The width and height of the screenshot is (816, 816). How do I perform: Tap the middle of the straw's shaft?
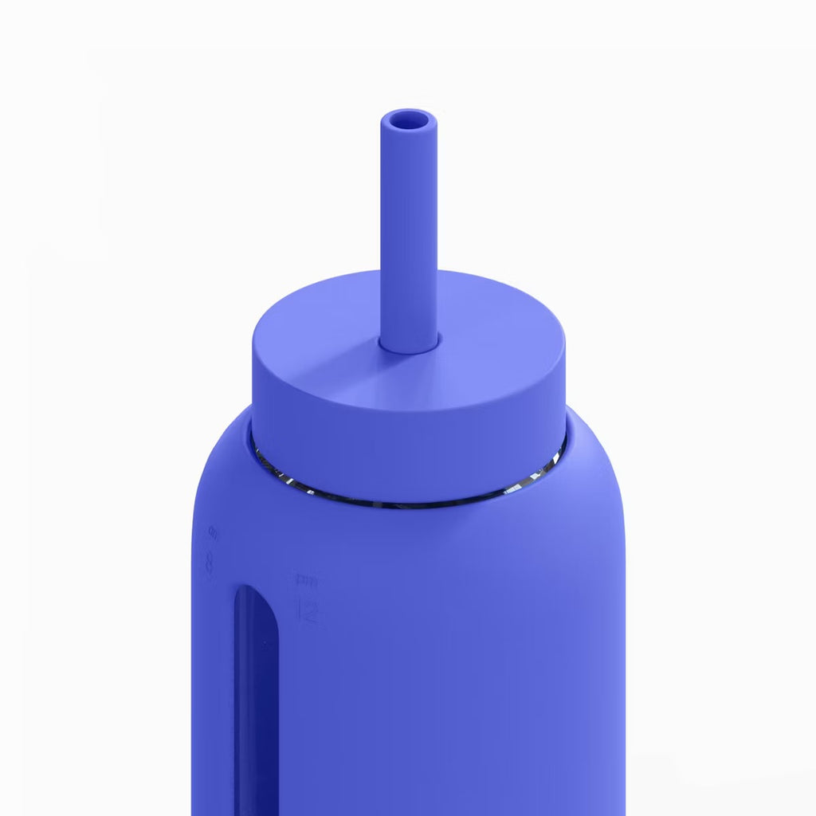(x=409, y=231)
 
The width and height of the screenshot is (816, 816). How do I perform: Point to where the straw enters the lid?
(x=409, y=344)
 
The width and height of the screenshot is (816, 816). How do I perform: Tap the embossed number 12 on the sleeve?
(x=308, y=611)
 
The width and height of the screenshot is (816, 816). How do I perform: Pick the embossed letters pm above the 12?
(x=304, y=579)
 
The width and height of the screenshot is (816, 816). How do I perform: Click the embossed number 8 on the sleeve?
(x=210, y=564)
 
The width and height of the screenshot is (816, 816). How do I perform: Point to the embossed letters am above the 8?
(x=213, y=530)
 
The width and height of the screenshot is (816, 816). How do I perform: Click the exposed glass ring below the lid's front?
(x=408, y=503)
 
